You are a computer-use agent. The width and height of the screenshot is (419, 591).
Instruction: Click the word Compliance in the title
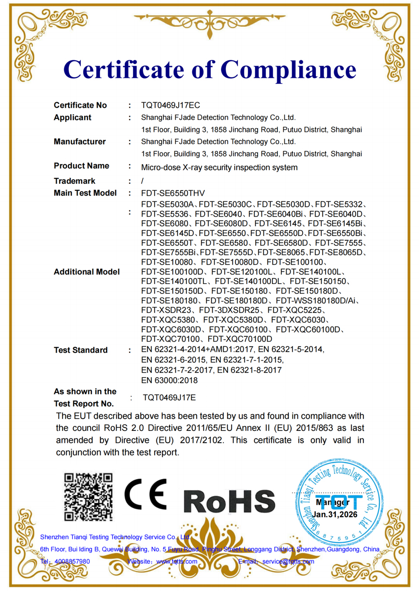pos(288,70)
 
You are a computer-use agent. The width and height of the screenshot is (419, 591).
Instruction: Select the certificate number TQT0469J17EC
pos(171,105)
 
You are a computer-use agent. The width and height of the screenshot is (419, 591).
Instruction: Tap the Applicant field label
pos(72,118)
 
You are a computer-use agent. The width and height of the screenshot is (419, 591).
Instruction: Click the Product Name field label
pos(81,166)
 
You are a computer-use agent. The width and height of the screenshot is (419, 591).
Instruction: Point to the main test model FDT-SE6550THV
pos(173,193)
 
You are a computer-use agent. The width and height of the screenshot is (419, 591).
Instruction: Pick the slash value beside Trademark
pos(142,181)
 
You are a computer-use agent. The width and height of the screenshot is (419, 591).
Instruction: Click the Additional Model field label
pos(87,272)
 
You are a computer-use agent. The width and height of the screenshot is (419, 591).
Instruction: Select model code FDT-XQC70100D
pos(240,339)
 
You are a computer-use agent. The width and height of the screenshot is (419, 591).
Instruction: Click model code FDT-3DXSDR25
pos(229,310)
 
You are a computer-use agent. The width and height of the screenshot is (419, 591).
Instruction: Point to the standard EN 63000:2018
pos(169,381)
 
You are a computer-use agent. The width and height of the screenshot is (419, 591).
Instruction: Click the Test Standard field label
pos(80,350)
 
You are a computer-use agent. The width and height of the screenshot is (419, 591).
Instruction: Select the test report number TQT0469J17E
pos(169,398)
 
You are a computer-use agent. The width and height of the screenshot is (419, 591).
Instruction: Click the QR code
pos(88,497)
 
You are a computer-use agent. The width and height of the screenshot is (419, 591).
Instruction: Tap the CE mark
pos(146,494)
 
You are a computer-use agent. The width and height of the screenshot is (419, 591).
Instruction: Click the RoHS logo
pos(229,501)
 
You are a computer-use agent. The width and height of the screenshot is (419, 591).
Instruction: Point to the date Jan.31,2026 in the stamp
pos(335,514)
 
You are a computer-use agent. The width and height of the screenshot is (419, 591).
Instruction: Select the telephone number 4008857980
pos(72,561)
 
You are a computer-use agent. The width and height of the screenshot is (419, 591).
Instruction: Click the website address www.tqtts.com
pos(177,561)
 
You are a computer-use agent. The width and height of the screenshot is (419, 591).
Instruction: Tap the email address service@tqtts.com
pos(288,561)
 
